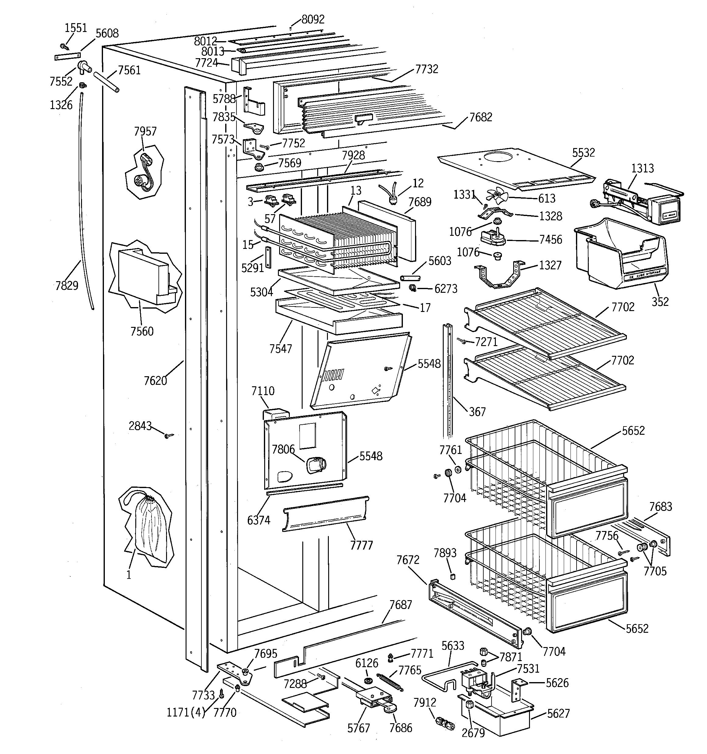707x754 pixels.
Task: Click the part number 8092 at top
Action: pyautogui.click(x=313, y=19)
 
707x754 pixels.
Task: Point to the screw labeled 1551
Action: pyautogui.click(x=64, y=47)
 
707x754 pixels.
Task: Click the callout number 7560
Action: pyautogui.click(x=142, y=331)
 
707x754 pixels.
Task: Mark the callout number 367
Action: pyautogui.click(x=477, y=412)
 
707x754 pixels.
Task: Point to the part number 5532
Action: pyautogui.click(x=583, y=153)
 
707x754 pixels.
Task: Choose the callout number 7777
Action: pyautogui.click(x=361, y=545)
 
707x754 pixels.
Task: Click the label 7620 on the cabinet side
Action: pyautogui.click(x=155, y=381)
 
